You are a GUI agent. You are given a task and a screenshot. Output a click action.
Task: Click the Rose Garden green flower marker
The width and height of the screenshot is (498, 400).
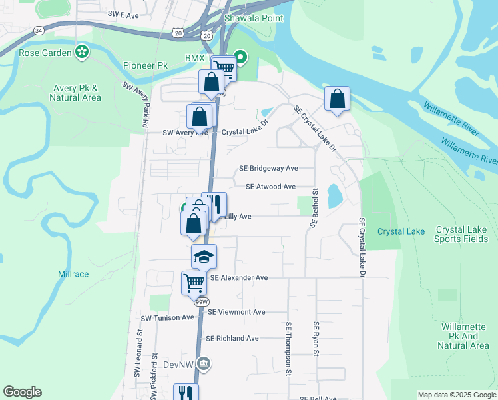pyautogui.click(x=82, y=51)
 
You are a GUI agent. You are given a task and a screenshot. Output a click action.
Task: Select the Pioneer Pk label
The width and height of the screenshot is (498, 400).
pyautogui.click(x=145, y=65)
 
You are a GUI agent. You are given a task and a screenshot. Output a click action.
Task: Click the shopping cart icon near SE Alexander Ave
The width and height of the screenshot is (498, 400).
pyautogui.click(x=194, y=283)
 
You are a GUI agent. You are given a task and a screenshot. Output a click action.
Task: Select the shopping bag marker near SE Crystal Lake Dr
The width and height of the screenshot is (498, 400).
pyautogui.click(x=337, y=99)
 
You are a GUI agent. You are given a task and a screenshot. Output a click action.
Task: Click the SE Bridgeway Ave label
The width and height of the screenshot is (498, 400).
pyautogui.click(x=268, y=169)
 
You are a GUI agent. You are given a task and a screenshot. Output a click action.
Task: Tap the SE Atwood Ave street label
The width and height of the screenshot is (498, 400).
pyautogui.click(x=270, y=187)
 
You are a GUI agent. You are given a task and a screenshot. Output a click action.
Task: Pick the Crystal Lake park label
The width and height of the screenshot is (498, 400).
pyautogui.click(x=401, y=231)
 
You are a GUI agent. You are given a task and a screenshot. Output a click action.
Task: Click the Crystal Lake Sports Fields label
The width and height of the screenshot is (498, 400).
pyautogui.click(x=461, y=234)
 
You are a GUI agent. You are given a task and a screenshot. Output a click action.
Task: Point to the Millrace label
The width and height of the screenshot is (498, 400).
pyautogui.click(x=73, y=274)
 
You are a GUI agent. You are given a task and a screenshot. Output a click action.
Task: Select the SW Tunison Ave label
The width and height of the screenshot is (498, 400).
pyautogui.click(x=167, y=318)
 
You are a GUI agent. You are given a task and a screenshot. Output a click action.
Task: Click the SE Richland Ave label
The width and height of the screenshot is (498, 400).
pyautogui.click(x=232, y=338)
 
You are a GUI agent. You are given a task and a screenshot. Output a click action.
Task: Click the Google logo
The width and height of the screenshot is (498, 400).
pyautogui.click(x=22, y=392)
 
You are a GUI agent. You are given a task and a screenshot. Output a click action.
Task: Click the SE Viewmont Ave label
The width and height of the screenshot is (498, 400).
pyautogui.click(x=236, y=311)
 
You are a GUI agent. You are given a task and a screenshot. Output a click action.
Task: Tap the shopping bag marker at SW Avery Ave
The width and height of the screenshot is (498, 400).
pyautogui.click(x=200, y=117)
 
